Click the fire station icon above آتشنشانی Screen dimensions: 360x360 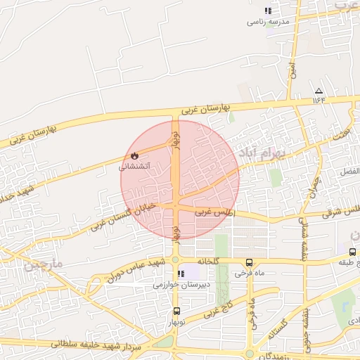[135, 155]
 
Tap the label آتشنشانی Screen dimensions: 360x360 [133, 167]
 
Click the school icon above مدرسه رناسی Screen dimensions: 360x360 [267, 11]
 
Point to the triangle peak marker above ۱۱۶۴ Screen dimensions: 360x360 [319, 91]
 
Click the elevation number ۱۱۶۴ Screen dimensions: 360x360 [319, 100]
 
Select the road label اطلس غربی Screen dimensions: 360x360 [214, 211]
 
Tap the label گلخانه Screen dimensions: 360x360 [209, 262]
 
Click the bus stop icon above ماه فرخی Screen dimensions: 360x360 [249, 262]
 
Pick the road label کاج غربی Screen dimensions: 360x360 [218, 309]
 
